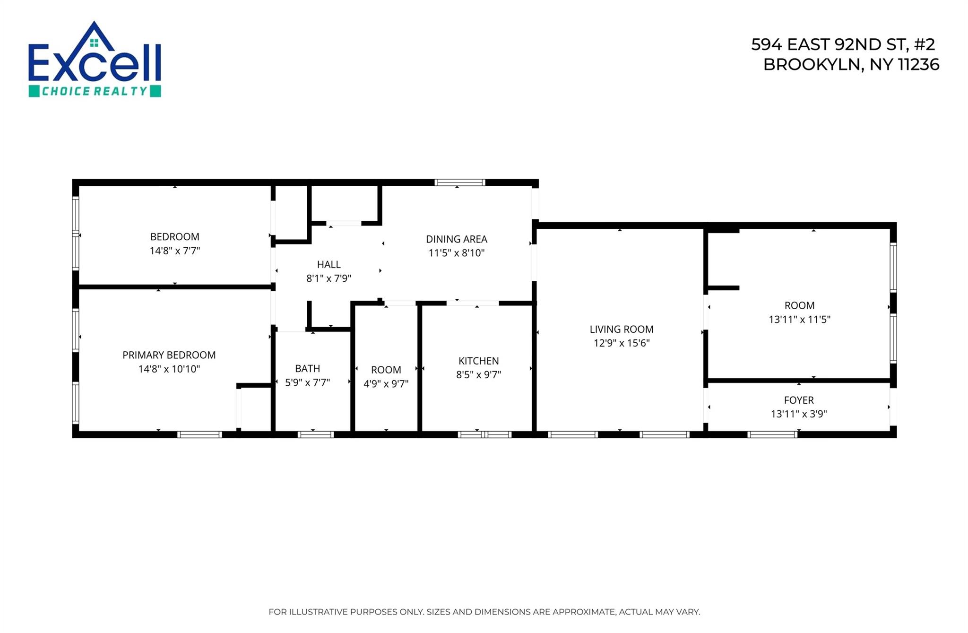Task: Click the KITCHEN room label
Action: click(478, 361)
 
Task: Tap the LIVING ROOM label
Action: click(621, 329)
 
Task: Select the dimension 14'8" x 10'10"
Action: click(169, 369)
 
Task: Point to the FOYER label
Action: click(798, 400)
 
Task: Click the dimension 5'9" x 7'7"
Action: click(307, 382)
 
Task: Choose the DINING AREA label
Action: click(456, 239)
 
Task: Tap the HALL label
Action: click(328, 264)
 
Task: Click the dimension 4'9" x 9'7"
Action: click(386, 384)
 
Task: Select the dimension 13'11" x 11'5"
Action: click(799, 319)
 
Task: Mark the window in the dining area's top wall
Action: click(459, 182)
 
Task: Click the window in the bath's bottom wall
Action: click(316, 434)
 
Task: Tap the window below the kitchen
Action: click(484, 434)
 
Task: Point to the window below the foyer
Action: click(772, 434)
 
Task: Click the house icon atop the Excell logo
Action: click(95, 38)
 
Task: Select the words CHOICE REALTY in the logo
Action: click(95, 91)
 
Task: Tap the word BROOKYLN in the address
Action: click(811, 65)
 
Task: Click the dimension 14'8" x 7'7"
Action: click(175, 251)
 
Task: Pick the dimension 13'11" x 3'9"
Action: click(798, 414)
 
